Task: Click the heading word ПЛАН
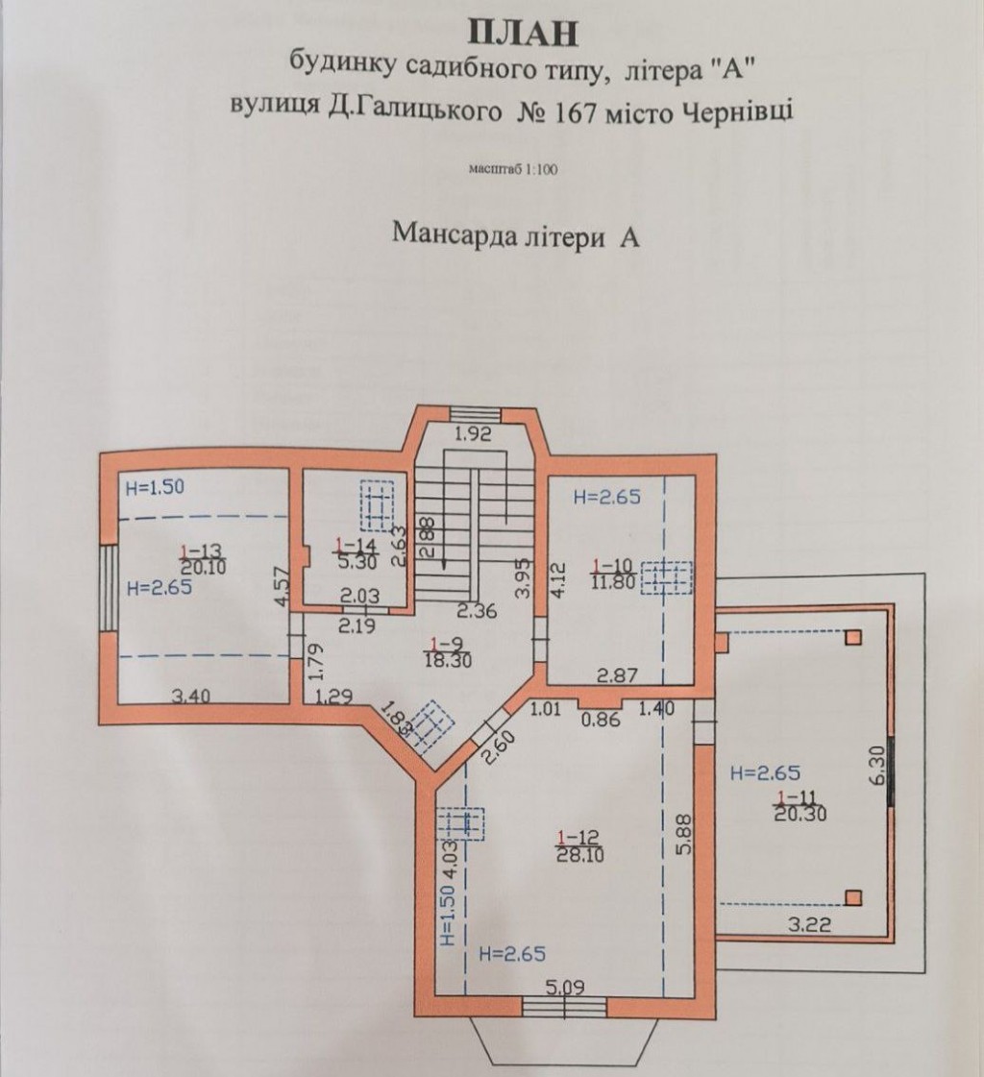coord(522,34)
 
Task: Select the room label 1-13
coord(202,551)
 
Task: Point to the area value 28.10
coord(578,855)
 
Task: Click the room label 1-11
coord(797,797)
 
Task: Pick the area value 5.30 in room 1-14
coord(356,563)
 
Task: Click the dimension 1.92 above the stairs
coord(475,434)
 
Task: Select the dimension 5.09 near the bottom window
coord(565,988)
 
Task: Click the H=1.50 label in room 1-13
coord(156,488)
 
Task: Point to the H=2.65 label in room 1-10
coord(606,497)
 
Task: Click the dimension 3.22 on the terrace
coord(809,925)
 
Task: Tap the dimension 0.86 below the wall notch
coord(602,721)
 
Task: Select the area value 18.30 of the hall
coord(449,661)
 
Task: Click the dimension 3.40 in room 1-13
coord(191,697)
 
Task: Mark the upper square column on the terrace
coord(852,637)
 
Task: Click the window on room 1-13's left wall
coord(108,587)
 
